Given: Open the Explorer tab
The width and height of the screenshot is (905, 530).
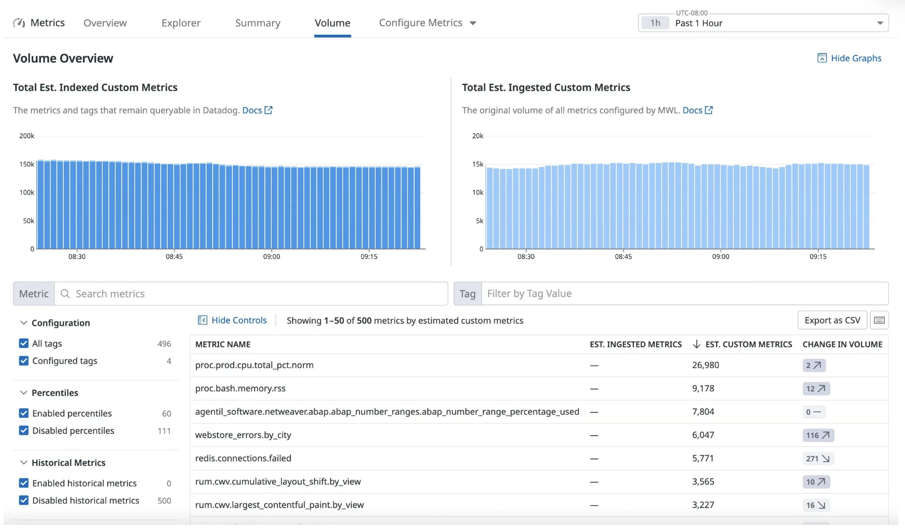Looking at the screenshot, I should tap(181, 23).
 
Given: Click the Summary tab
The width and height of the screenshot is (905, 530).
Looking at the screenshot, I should tap(258, 23).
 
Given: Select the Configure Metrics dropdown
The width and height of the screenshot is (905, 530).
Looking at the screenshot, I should tap(427, 23).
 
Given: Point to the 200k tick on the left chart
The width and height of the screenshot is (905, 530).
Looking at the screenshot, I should tap(26, 136).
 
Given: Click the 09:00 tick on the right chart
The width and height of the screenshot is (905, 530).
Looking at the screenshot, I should tap(720, 257).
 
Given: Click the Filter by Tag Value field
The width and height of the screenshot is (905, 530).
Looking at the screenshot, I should tap(684, 294).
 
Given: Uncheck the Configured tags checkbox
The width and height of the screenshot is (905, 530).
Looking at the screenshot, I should tap(24, 361).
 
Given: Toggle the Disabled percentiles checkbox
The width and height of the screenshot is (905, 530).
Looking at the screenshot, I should tap(24, 430).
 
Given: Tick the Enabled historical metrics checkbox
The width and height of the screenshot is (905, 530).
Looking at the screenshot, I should tap(24, 483).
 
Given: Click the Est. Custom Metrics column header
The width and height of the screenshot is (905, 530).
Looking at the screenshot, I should tap(748, 344).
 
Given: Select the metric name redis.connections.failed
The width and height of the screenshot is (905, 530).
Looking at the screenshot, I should tap(243, 458).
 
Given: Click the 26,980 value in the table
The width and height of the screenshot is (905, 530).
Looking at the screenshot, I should tap(705, 365).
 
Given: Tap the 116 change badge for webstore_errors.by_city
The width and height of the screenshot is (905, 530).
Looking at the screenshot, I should tap(818, 435).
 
